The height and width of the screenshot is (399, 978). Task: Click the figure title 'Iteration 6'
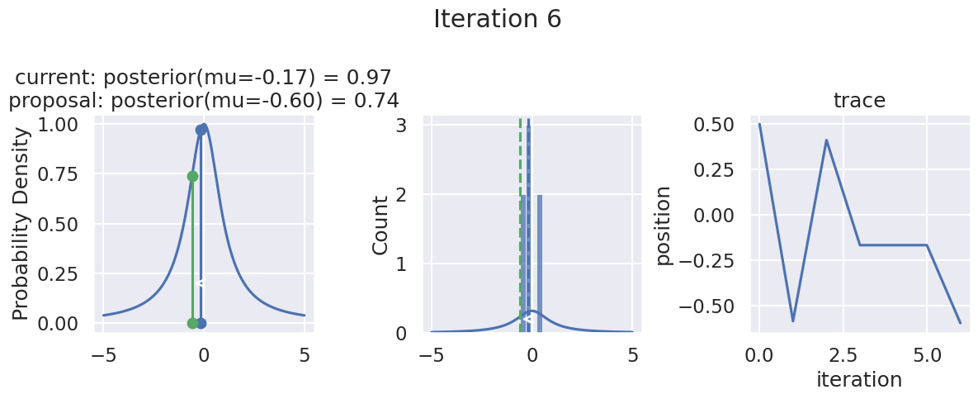[497, 19]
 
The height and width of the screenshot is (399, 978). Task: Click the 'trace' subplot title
[859, 101]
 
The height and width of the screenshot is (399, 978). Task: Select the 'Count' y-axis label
[380, 226]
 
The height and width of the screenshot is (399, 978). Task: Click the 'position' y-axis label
[664, 226]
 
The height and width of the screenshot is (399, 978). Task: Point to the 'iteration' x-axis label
[859, 380]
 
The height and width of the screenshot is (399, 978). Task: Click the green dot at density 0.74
[192, 176]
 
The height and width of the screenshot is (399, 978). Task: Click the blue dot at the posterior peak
[201, 130]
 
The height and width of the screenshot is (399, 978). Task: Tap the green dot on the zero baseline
[192, 323]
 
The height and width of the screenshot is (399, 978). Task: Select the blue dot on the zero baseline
[201, 323]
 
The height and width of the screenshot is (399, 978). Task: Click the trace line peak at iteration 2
[826, 140]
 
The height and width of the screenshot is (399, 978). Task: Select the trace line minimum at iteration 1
[792, 321]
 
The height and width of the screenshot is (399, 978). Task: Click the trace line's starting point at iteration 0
[759, 124]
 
